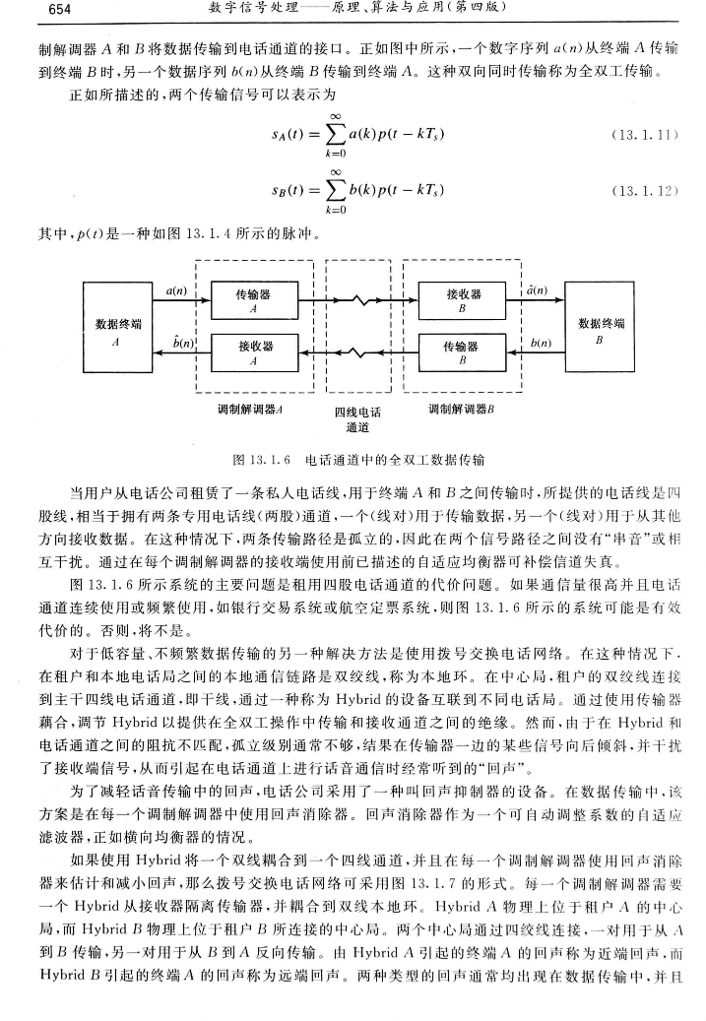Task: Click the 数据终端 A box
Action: [x=116, y=331]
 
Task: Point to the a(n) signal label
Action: [x=177, y=289]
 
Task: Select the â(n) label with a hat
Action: [x=538, y=289]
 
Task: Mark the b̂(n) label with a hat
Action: [x=180, y=342]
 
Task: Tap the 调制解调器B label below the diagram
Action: [x=460, y=407]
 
